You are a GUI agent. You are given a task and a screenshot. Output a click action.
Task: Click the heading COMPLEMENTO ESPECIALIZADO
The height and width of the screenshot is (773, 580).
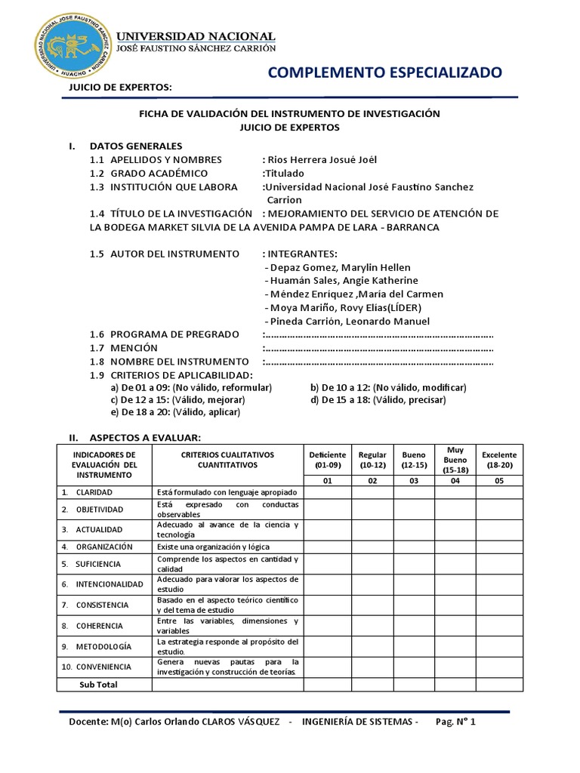coord(384,72)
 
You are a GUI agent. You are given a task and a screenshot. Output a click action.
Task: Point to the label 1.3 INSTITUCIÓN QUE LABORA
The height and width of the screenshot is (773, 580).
coord(163,186)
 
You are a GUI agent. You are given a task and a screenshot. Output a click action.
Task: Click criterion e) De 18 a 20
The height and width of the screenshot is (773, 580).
coord(175,412)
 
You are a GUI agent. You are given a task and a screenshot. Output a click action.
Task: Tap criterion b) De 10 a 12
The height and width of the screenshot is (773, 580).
coord(388,387)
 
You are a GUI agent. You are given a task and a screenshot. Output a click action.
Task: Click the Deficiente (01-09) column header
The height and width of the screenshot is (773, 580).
coord(327,460)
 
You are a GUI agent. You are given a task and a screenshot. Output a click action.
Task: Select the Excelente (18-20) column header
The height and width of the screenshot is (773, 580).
coord(498,460)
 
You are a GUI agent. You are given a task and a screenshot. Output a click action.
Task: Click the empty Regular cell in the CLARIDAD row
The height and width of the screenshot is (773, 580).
coord(372,492)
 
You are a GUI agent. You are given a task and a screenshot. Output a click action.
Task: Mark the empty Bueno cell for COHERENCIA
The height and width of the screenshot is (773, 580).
coord(413,626)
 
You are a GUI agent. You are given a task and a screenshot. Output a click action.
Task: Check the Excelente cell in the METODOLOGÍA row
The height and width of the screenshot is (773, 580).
coord(498,646)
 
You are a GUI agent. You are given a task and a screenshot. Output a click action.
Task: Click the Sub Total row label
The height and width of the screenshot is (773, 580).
coord(99,684)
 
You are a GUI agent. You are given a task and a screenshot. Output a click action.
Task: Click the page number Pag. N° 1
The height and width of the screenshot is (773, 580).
coord(456,722)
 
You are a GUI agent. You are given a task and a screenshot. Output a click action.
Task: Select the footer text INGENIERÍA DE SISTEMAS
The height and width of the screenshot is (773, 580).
coord(359,722)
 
